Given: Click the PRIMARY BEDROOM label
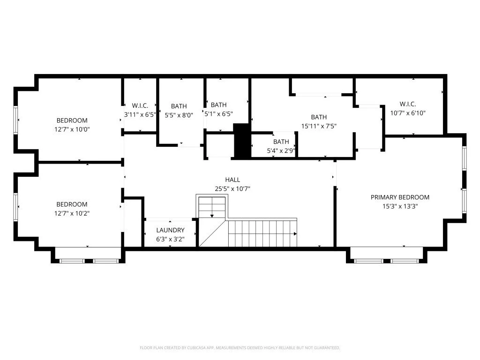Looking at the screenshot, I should (400, 197).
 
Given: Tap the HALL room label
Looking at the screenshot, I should (232, 180).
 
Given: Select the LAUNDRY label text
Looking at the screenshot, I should (170, 230).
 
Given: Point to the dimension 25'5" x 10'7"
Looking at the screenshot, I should (232, 189).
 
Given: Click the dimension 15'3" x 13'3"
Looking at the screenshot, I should (400, 206).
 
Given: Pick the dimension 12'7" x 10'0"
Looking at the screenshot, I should (72, 129).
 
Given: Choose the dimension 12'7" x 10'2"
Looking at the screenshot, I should (72, 213).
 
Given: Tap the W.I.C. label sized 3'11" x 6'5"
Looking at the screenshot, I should (140, 105).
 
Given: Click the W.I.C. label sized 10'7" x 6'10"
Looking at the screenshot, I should (407, 104).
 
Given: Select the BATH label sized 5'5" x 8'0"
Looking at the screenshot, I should (179, 106).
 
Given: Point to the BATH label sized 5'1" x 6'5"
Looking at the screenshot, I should (218, 105).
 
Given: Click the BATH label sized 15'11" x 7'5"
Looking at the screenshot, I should (319, 117).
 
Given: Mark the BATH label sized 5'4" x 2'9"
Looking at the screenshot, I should (281, 142).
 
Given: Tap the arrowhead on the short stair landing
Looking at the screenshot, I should (212, 216).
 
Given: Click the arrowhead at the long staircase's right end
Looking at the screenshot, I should (294, 233).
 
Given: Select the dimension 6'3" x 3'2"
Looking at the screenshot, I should (170, 239).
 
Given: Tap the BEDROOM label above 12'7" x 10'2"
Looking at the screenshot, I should (72, 204).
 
